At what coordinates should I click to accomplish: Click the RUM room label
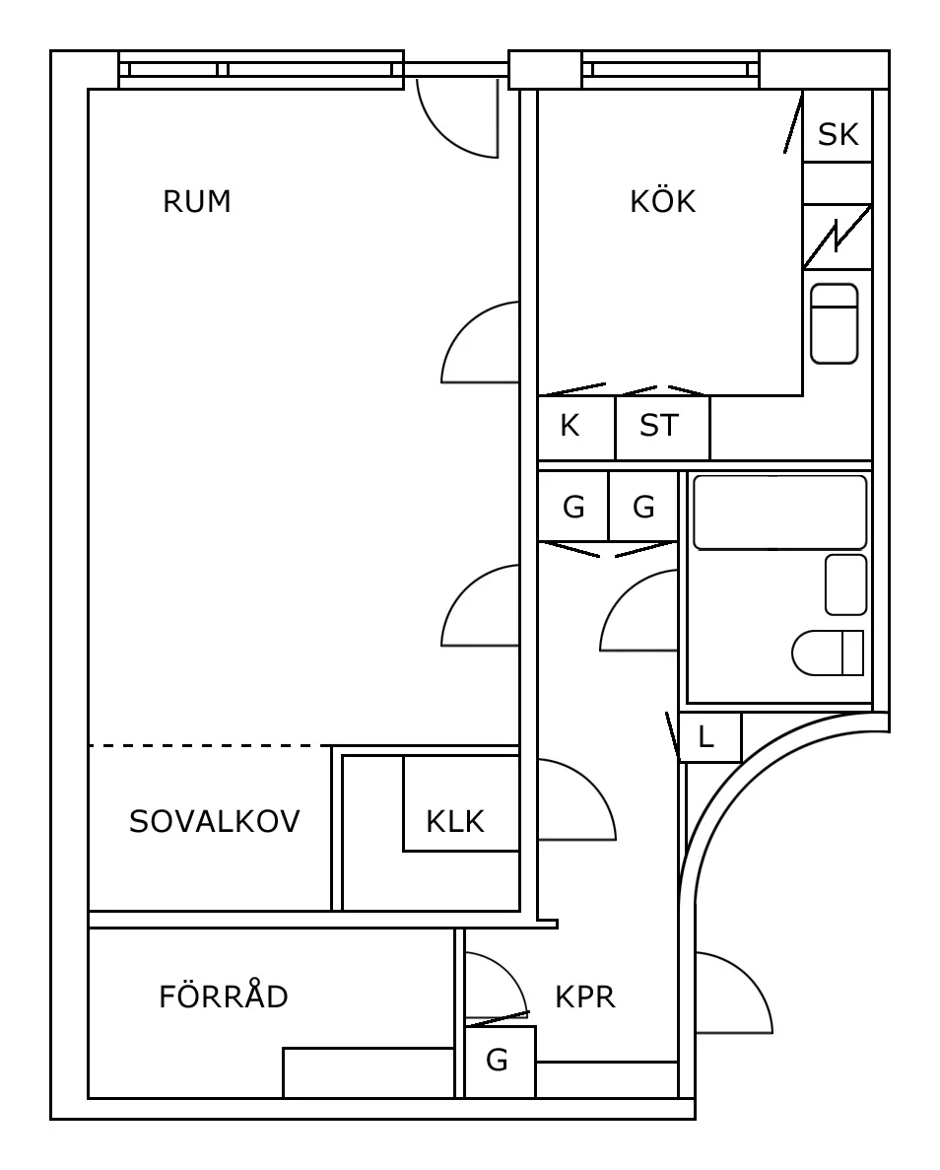197,202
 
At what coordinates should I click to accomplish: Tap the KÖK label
662,202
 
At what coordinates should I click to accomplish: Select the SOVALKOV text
214,821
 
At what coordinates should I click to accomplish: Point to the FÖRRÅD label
224,998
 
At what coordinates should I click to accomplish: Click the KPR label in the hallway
585,998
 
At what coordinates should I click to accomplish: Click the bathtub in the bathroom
779,513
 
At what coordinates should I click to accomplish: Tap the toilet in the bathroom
828,653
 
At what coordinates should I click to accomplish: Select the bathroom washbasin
845,585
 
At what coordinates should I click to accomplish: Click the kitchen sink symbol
834,323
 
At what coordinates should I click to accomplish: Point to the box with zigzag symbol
837,237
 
